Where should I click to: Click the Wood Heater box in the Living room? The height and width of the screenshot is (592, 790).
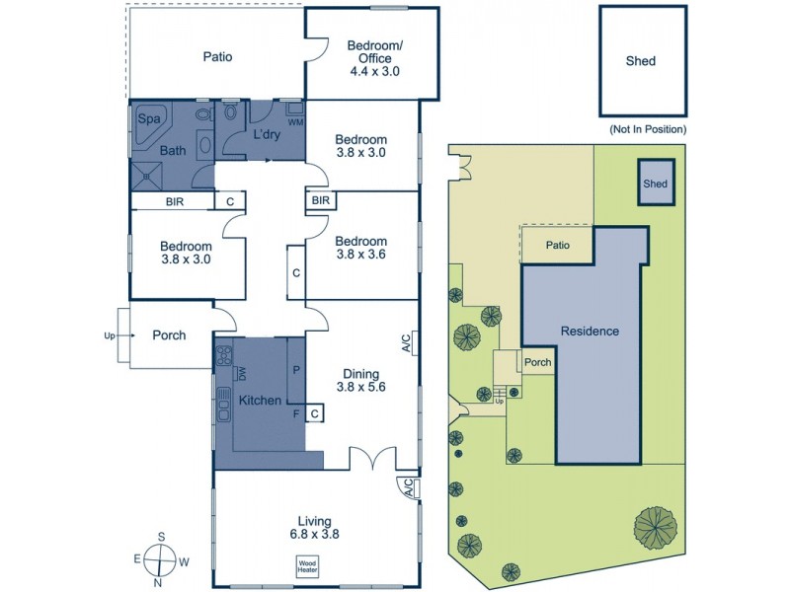pos(306,565)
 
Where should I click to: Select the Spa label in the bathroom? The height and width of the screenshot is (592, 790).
pos(148,119)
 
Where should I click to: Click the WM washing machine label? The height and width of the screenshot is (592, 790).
pos(294,121)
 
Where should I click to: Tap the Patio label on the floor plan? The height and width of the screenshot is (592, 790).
pos(217,56)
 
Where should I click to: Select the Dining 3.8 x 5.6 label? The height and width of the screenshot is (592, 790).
pos(360,380)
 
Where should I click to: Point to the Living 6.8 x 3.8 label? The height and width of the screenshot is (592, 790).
pos(316,528)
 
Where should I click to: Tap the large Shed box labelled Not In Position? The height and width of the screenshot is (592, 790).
pos(641,61)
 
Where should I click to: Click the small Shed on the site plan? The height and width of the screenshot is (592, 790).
pos(656,184)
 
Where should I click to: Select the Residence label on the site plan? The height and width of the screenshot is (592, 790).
pos(590,332)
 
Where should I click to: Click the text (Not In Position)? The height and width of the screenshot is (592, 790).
pos(647,129)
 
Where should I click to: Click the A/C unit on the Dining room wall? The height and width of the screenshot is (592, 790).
pos(407,342)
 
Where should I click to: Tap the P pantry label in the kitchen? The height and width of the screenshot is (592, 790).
pos(296,370)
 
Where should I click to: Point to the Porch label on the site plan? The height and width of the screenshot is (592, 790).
pos(538,362)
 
